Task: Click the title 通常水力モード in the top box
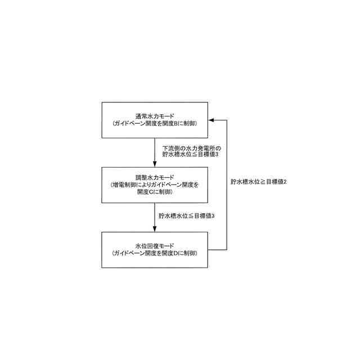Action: pos(154,115)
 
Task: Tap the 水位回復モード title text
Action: pos(154,246)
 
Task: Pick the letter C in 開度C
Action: pos(151,192)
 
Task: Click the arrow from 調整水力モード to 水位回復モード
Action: pos(155,217)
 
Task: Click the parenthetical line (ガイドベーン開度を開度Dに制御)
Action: pos(154,254)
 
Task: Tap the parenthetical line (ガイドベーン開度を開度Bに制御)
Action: pos(154,123)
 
